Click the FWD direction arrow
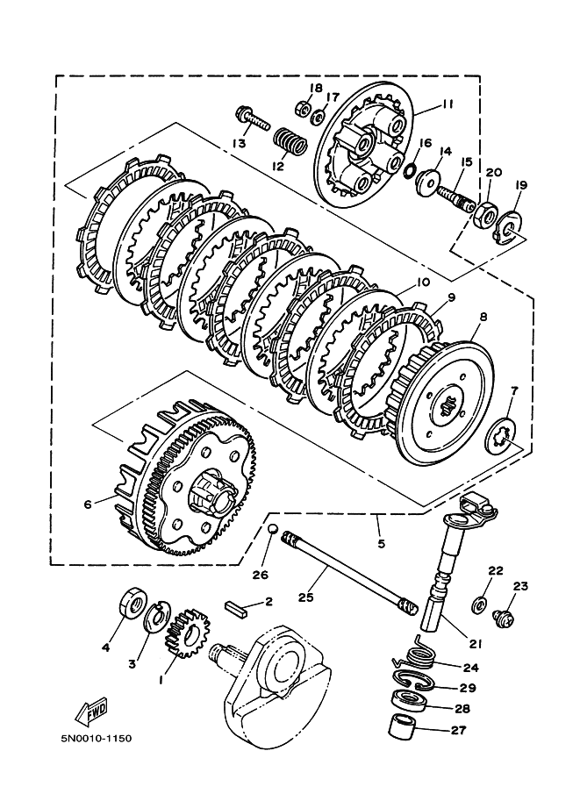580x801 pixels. (92, 709)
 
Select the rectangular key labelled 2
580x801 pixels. (236, 610)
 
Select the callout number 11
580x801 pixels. (447, 104)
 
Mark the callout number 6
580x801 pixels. (88, 504)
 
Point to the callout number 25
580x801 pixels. (305, 597)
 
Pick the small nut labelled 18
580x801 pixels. (303, 108)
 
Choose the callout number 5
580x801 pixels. (381, 544)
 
